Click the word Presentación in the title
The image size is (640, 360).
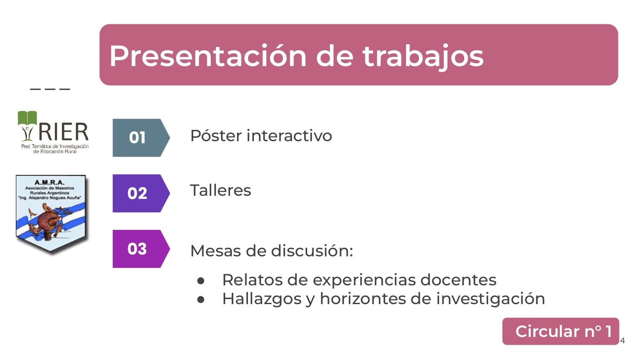tap(208, 56)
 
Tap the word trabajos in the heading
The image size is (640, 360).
tap(423, 57)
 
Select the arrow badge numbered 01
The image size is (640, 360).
tap(141, 138)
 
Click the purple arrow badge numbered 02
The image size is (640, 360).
tap(141, 193)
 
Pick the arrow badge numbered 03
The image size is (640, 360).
tap(141, 249)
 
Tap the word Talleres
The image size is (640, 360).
tap(221, 190)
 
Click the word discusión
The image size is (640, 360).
tap(312, 250)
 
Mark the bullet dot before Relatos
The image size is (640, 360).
tap(201, 281)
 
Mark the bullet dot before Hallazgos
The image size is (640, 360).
tap(201, 300)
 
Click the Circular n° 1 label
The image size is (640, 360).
tap(561, 331)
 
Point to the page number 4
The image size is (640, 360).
tap(622, 340)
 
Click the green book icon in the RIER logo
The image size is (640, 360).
tap(27, 118)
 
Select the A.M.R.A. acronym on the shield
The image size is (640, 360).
tap(49, 182)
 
